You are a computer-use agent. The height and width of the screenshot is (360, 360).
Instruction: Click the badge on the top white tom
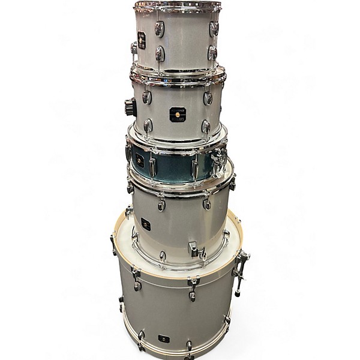[x=142, y=40]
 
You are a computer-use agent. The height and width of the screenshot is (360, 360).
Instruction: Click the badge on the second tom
[x=178, y=114]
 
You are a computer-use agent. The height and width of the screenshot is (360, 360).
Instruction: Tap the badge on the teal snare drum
[x=140, y=161]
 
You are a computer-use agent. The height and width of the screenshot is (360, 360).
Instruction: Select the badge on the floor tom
[x=146, y=224]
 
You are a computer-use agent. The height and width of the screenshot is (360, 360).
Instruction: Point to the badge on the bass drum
[x=164, y=338]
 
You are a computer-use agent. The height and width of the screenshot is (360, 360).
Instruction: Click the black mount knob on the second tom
[x=130, y=107]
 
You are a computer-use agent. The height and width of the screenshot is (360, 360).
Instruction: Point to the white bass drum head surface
[x=180, y=237]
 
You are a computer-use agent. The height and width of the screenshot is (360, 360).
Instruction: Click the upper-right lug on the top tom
[x=214, y=28]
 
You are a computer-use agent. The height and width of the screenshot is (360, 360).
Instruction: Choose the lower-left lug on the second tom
[x=148, y=126]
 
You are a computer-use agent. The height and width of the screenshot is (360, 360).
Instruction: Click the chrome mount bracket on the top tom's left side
[x=134, y=48]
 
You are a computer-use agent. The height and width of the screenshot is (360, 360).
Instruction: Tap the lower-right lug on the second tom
[x=206, y=127]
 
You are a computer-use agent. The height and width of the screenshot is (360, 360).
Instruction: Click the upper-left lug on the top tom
[x=159, y=28]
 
